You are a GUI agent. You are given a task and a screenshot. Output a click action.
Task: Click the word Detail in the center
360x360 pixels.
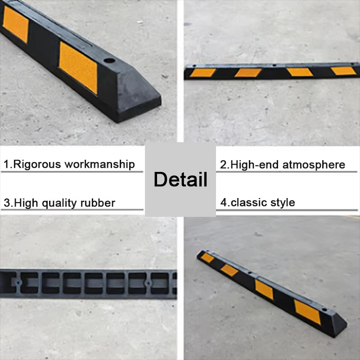(x=180, y=179)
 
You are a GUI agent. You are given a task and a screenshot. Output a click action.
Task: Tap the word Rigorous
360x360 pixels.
(x=37, y=164)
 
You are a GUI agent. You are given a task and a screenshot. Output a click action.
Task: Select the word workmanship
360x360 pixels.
(x=99, y=165)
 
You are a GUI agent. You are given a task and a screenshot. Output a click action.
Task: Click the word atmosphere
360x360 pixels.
(x=314, y=165)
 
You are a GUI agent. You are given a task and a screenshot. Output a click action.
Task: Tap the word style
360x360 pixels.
(x=283, y=203)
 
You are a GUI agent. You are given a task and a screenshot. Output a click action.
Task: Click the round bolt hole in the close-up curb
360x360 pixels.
(x=109, y=61)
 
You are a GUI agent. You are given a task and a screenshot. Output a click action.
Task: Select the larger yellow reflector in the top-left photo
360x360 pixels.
(x=78, y=67)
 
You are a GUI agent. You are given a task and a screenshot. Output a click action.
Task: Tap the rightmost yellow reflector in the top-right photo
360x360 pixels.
(x=343, y=71)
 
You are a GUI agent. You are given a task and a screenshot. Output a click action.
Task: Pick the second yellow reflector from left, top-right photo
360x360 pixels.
(x=248, y=72)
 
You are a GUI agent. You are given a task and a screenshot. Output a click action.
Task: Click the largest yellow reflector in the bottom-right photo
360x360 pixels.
(x=307, y=312)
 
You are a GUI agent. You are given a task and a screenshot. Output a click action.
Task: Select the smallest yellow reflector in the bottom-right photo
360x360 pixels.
(x=207, y=258)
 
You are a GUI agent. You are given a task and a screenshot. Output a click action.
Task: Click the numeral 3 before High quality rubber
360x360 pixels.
(x=7, y=203)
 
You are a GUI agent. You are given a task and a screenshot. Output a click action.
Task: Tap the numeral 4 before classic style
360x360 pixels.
(x=223, y=202)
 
